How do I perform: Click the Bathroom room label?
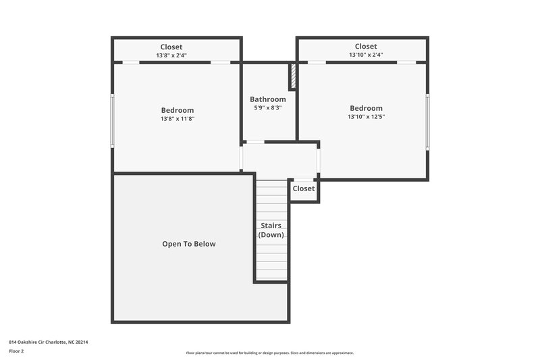[x=268, y=99]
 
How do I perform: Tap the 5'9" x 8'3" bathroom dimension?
[x=268, y=108]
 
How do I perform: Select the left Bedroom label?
[x=177, y=110]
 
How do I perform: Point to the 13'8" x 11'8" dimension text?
[x=177, y=119]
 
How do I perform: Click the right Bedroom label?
[x=366, y=108]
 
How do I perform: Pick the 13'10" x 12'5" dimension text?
[x=366, y=117]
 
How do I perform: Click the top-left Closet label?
[x=171, y=47]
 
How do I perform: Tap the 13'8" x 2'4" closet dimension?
[x=171, y=55]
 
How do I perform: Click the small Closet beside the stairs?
[x=303, y=189]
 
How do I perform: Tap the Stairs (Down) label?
[x=271, y=230]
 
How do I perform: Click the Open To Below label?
[x=188, y=244]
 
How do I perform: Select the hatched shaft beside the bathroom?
[x=293, y=76]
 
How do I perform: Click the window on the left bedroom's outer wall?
[x=113, y=120]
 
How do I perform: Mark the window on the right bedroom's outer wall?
[x=427, y=121]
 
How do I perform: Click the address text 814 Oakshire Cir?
[x=48, y=342]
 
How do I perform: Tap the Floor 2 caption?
[x=17, y=351]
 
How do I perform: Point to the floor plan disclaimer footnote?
[x=269, y=353]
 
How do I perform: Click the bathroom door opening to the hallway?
[x=254, y=142]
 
